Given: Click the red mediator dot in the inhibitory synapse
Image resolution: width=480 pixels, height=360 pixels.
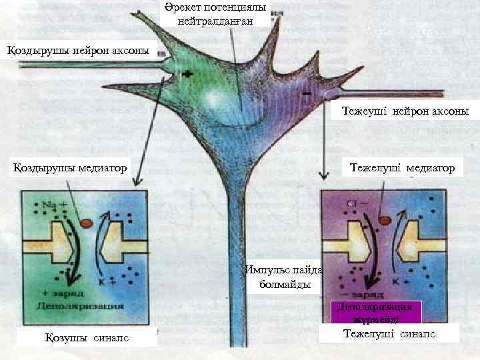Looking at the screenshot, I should coord(384,220).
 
